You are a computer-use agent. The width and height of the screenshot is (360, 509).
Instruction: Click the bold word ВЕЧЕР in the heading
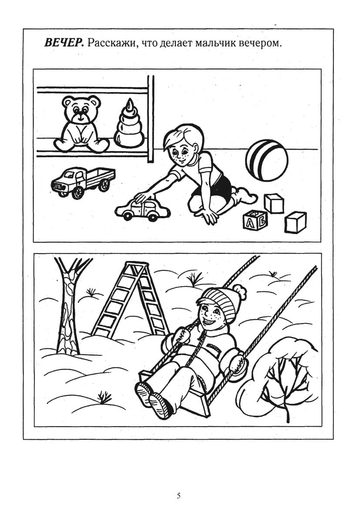(x=64, y=43)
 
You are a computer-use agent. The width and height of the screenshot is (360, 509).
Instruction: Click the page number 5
(x=179, y=496)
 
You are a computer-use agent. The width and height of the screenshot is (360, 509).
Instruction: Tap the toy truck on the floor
(x=83, y=182)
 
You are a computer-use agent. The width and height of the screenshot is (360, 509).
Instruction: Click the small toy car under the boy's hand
(x=142, y=210)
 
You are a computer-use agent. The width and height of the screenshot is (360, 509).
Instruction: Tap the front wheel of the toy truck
(x=78, y=192)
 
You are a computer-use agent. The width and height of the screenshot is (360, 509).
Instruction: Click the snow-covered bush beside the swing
(x=279, y=373)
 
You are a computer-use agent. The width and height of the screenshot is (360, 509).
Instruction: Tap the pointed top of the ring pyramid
(x=130, y=103)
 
